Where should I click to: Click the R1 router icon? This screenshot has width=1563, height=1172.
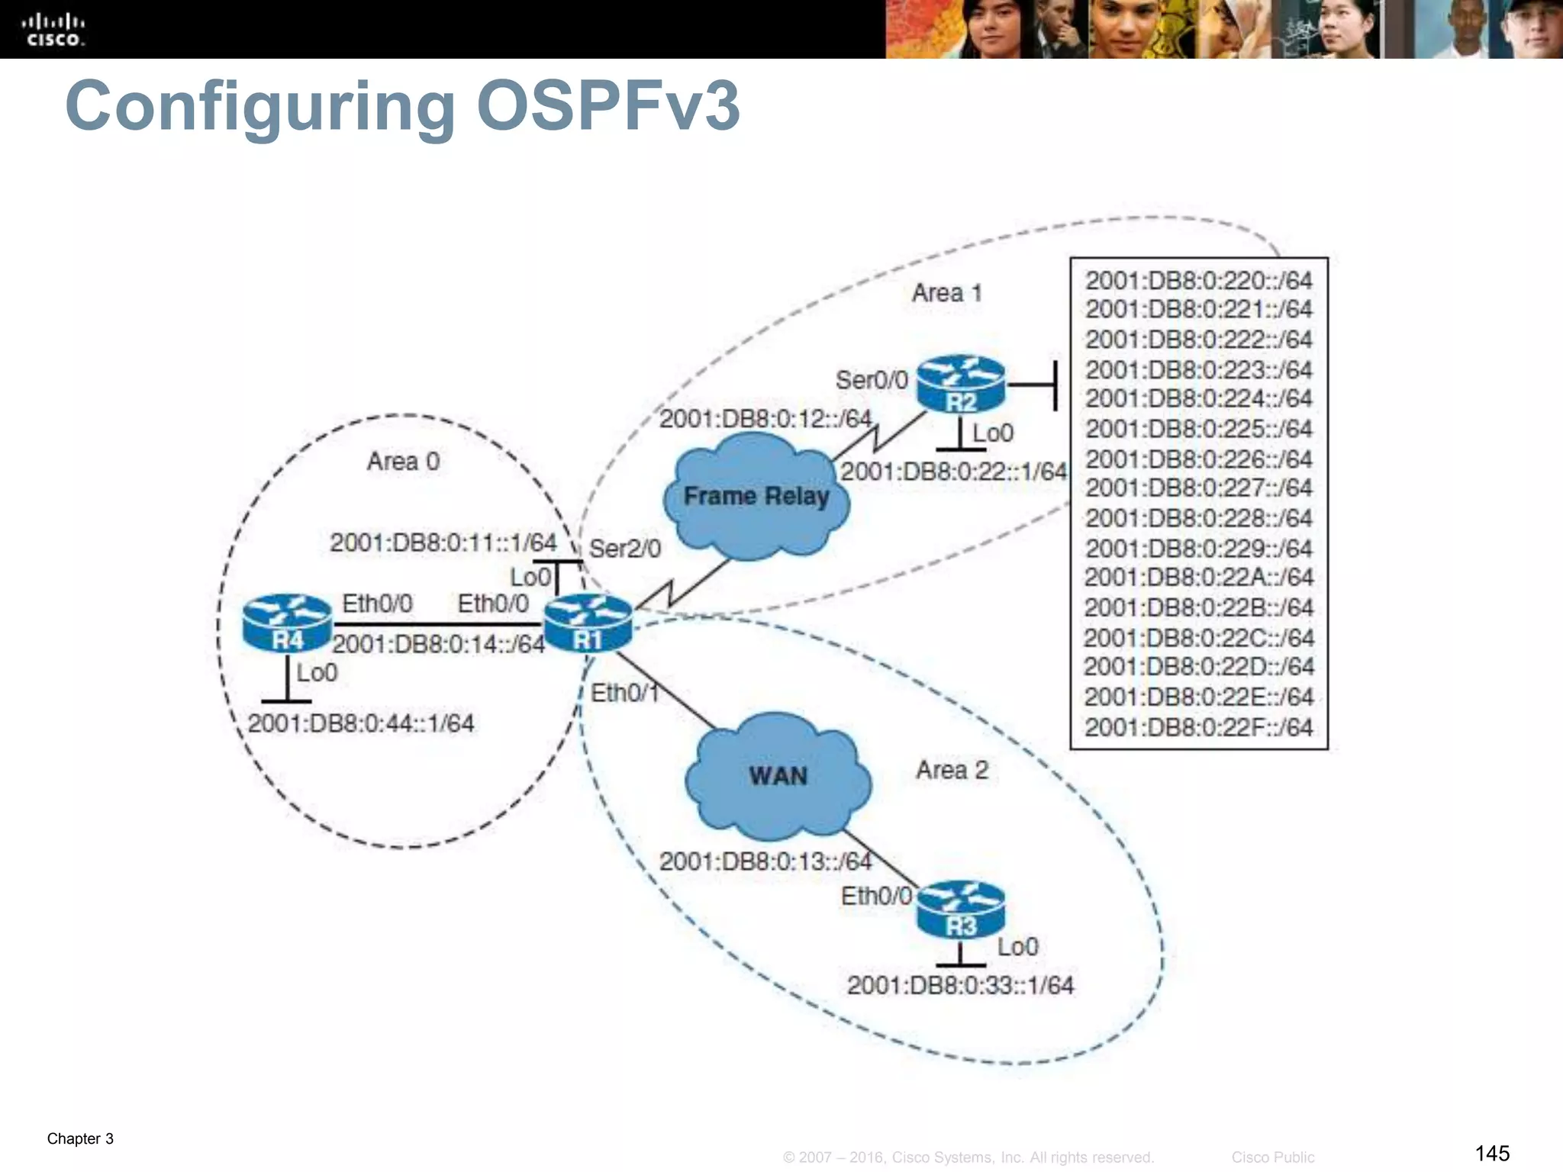588,623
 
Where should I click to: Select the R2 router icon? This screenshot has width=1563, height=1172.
961,385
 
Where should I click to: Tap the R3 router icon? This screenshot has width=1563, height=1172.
961,910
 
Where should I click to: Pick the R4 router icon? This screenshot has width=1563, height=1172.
287,623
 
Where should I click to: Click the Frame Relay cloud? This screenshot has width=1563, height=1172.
756,496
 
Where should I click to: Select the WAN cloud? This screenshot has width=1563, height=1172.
778,775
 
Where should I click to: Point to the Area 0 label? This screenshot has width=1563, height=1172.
403,462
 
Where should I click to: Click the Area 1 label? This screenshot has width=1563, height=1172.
946,293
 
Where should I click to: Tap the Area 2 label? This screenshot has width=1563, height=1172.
952,770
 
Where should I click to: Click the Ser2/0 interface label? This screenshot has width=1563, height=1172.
625,549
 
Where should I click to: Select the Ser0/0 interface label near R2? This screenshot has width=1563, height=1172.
872,380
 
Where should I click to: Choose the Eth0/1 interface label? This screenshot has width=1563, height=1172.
624,693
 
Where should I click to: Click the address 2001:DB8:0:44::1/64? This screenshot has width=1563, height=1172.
361,723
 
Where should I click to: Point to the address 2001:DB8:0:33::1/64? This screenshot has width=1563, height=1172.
960,985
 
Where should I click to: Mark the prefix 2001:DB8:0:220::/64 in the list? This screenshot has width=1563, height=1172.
1198,281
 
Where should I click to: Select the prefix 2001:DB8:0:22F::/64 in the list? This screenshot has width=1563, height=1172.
1198,727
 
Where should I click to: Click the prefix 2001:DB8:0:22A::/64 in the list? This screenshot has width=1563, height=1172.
1198,578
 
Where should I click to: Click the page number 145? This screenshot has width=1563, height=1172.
1492,1153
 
